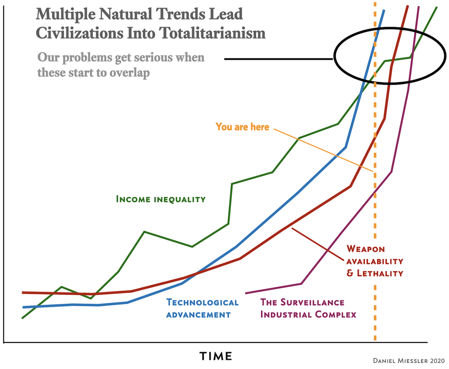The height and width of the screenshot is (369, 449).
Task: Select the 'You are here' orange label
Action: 242,127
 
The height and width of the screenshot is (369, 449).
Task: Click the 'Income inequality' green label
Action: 161,199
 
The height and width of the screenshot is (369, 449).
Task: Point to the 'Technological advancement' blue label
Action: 202,308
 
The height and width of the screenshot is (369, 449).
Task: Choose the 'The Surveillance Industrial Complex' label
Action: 308,308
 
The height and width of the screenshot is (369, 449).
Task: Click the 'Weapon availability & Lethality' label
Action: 374,261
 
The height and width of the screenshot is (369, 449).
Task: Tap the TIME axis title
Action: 216,356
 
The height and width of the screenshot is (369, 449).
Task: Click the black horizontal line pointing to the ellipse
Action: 278,59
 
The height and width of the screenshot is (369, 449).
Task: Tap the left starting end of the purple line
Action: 246,293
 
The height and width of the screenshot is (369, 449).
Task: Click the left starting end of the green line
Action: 23,318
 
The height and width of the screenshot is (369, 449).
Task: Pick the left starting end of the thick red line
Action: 23,292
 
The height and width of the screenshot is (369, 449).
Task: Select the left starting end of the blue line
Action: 23,307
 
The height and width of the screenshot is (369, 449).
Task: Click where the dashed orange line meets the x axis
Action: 375,342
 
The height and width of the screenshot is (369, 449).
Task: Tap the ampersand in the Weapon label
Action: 351,273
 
